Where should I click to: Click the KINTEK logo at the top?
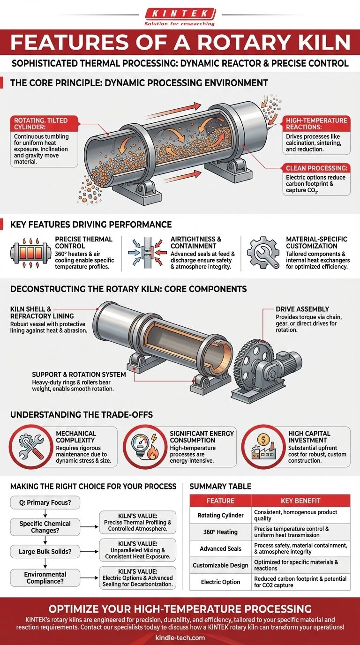[x=180, y=16]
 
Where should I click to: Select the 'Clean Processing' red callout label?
[x=316, y=168]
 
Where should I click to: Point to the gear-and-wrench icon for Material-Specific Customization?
[x=263, y=253]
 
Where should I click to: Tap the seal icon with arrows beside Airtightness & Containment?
[x=148, y=253]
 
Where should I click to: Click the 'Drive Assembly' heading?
[x=302, y=309]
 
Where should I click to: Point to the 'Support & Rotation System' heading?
[x=79, y=375]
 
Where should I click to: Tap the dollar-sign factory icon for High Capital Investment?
[x=263, y=447]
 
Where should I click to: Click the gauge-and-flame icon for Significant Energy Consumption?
[x=144, y=447]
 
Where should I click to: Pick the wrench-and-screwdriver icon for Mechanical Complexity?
[x=31, y=447]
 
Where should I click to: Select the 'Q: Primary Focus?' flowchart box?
[x=45, y=502]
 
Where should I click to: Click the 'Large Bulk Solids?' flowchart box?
[x=45, y=551]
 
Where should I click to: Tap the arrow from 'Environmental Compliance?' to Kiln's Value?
[x=89, y=578]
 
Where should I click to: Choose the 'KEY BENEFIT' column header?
[x=300, y=501]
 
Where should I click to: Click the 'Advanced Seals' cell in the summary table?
[x=221, y=548]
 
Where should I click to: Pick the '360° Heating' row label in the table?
[x=221, y=532]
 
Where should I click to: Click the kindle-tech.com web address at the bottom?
[x=180, y=638]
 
